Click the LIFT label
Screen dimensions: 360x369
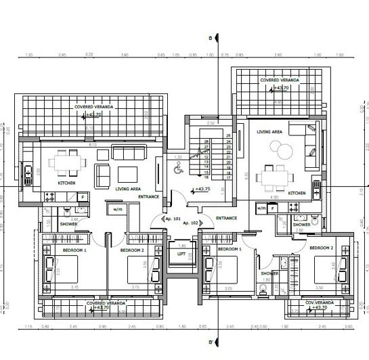181,254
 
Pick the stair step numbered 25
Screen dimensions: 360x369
228,136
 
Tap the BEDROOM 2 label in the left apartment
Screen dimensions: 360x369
133,250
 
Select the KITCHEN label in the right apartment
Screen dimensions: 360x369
297,193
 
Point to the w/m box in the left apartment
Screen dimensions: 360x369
118,209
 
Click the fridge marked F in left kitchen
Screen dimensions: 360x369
82,197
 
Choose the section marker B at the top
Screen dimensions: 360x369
211,38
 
